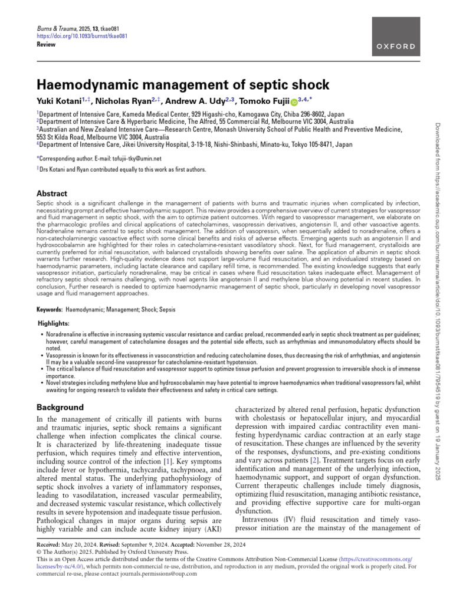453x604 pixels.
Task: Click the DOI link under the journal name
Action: (x=74, y=35)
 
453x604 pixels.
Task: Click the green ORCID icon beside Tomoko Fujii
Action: (x=295, y=102)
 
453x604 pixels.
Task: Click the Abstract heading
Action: (x=52, y=193)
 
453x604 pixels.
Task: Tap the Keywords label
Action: (x=50, y=309)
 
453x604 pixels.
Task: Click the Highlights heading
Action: (x=54, y=324)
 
